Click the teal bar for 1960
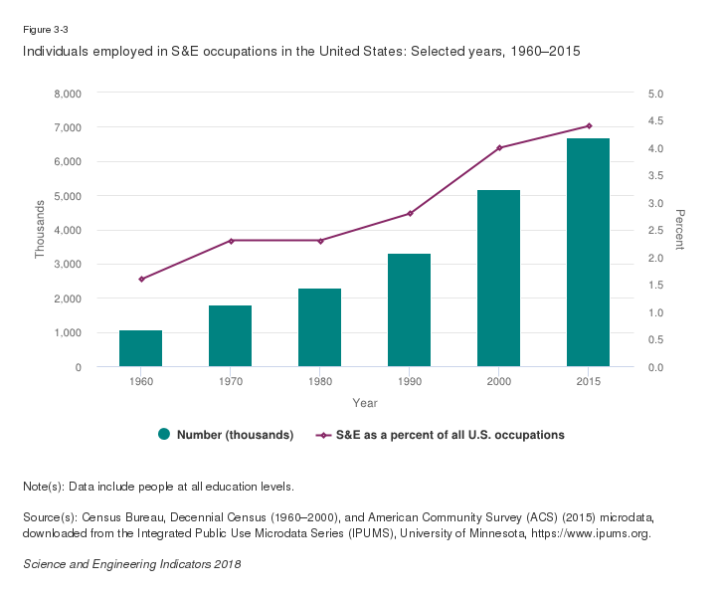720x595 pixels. (x=140, y=348)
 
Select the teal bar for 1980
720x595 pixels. (x=319, y=327)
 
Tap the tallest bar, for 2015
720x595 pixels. (x=588, y=253)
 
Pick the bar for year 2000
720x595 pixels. (x=498, y=279)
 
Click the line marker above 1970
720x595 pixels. (x=231, y=241)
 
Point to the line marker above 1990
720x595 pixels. (x=410, y=213)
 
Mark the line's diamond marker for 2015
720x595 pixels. (x=589, y=126)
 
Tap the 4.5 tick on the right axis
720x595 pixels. (x=661, y=121)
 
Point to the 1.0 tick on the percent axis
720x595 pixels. (x=661, y=312)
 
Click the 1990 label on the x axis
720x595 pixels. (x=409, y=383)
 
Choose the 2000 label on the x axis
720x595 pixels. (x=498, y=383)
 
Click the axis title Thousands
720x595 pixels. (x=41, y=230)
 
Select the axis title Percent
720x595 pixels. (x=680, y=230)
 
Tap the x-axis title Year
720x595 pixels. (x=364, y=403)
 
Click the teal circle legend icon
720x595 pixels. (x=164, y=435)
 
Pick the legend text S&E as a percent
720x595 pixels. (x=450, y=435)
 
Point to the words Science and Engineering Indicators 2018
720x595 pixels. (x=131, y=564)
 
